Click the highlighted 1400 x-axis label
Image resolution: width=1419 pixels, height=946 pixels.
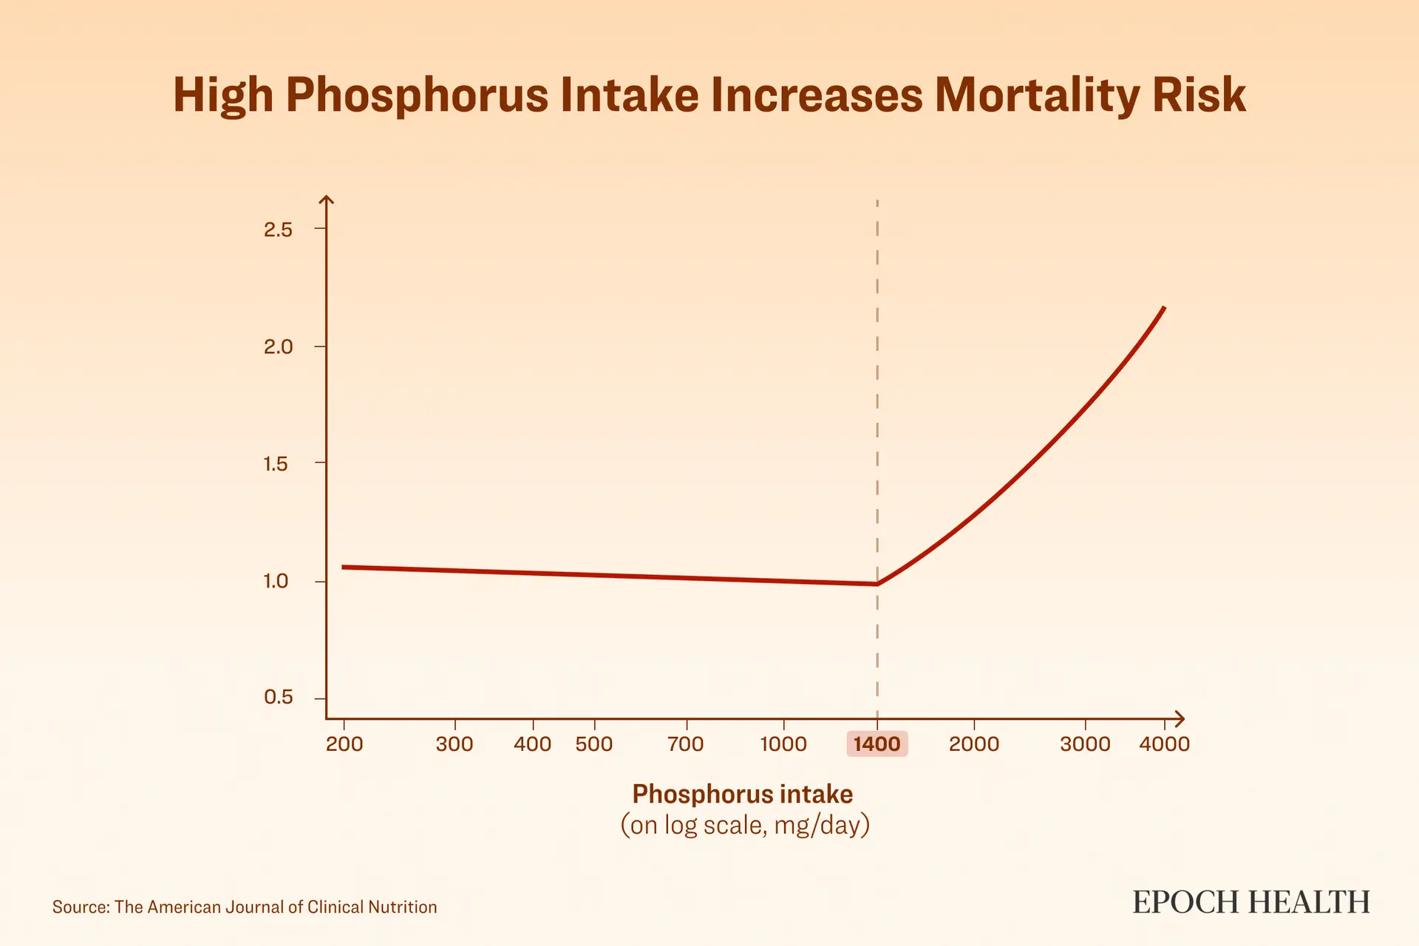877,743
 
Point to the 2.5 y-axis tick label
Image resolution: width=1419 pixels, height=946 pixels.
278,230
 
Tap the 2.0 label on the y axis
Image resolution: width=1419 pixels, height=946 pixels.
278,347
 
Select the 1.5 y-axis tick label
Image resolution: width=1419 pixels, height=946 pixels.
276,464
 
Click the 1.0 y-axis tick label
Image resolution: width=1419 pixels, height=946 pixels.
276,581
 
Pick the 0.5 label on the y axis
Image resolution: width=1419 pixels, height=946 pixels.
278,697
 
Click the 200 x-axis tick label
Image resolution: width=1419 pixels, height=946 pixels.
344,743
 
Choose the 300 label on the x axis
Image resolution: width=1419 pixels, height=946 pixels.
455,743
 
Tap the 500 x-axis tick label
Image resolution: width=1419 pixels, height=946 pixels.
594,743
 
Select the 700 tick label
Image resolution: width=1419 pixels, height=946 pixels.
686,743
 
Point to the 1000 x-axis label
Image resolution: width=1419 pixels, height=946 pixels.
783,743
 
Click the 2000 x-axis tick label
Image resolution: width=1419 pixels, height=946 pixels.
974,743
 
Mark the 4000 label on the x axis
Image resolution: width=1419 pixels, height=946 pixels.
1165,743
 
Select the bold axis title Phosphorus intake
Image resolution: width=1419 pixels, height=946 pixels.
743,794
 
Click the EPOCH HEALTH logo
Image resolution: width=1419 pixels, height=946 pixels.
1251,902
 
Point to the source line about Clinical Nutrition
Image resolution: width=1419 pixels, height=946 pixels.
245,907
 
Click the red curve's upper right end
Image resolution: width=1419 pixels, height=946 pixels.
1164,307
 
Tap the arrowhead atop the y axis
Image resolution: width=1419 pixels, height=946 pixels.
326,200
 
